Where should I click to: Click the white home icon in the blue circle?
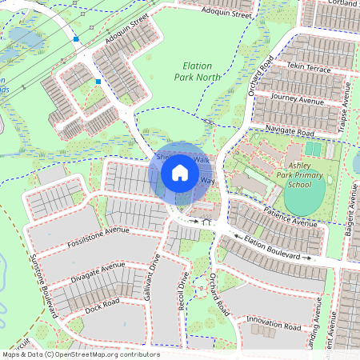click(180, 172)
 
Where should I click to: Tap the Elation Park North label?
click(197, 71)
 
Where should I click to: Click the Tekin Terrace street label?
click(307, 70)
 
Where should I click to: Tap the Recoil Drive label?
click(183, 293)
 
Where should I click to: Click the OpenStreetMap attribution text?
click(80, 354)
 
